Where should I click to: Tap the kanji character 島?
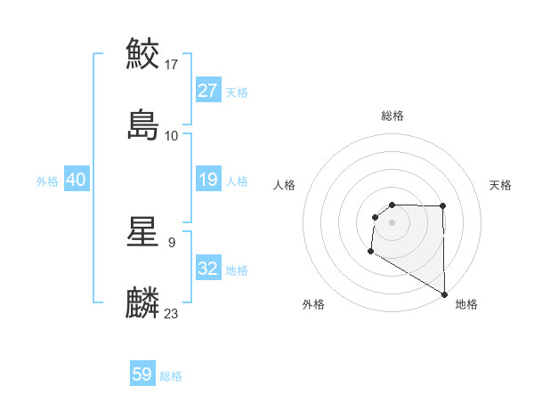point(142,125)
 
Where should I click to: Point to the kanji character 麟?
point(142,302)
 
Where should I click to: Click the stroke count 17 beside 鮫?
point(173,65)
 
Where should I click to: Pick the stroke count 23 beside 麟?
point(172,313)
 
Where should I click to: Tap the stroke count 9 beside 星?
point(171,241)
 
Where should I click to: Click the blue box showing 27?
point(208,90)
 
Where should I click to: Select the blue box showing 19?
point(208,180)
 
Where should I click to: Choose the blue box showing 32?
point(208,269)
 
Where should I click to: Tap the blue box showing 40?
point(77,180)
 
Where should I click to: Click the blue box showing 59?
point(142,374)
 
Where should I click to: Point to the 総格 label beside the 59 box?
point(171,376)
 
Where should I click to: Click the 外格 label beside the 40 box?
point(47,181)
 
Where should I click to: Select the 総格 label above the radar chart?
point(392,116)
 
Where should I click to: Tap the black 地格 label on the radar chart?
point(466,305)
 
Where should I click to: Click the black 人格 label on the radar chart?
point(285,185)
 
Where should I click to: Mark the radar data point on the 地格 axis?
point(444,294)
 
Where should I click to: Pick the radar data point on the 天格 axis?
point(443,206)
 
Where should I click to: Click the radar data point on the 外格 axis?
point(370,252)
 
